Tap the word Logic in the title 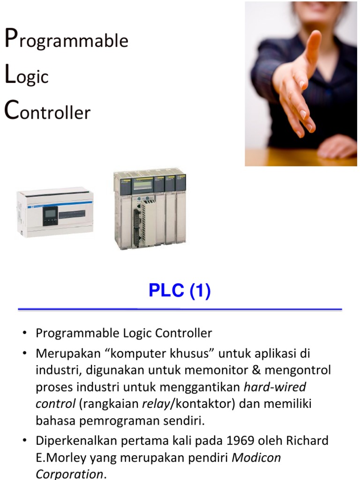coord(27,75)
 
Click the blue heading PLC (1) coord(180,291)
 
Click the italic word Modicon coord(256,457)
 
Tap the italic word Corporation coord(69,473)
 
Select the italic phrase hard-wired coord(275,387)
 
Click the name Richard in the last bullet coord(306,441)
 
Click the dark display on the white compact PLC coord(51,216)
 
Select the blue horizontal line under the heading coord(180,309)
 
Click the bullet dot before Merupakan coord(23,353)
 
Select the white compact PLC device coord(55,213)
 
